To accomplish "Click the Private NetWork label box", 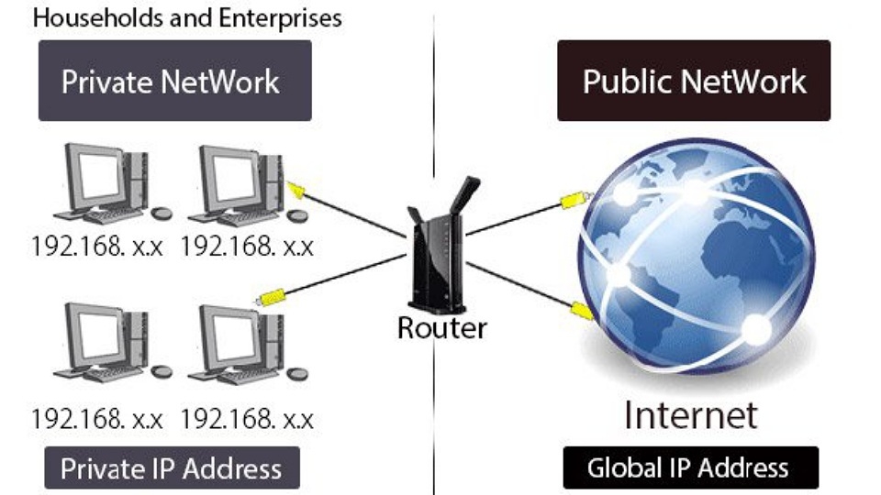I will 174,81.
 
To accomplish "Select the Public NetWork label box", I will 694,81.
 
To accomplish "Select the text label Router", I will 441,327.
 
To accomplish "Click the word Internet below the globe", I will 691,414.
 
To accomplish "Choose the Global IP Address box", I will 688,468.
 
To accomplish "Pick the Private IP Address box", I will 172,469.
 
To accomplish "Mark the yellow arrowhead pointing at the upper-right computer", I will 296,190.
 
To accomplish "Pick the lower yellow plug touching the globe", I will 581,310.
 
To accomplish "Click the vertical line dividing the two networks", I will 432,137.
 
